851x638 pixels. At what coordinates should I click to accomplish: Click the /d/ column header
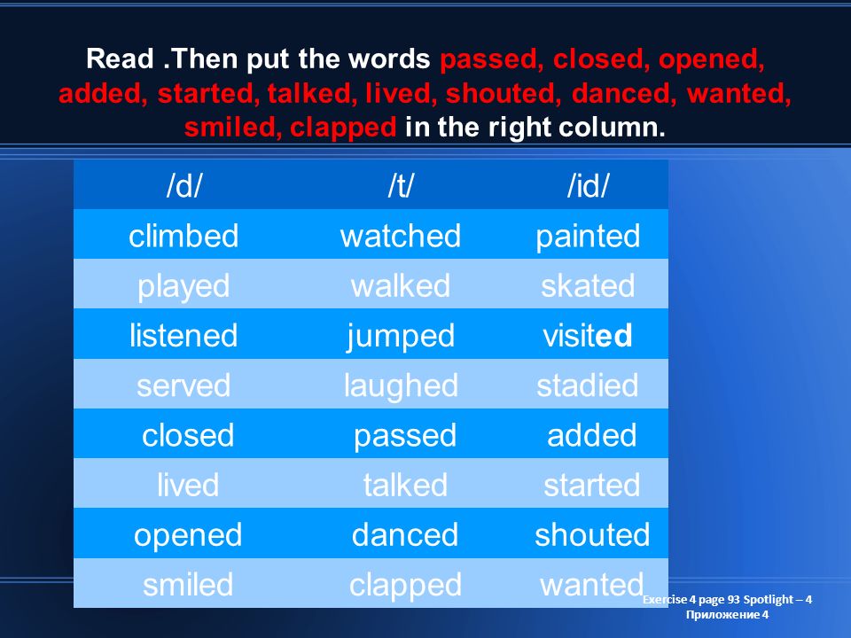(x=183, y=185)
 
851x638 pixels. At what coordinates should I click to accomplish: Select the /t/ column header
(x=401, y=185)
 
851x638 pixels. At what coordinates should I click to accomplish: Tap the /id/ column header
(x=588, y=185)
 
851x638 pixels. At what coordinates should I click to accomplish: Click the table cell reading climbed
(x=183, y=236)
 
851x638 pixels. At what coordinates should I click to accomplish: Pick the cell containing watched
(x=401, y=236)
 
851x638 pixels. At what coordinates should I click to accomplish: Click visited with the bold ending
(x=588, y=335)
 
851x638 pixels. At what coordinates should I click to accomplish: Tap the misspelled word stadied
(x=588, y=385)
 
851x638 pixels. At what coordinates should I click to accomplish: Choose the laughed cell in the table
(x=401, y=386)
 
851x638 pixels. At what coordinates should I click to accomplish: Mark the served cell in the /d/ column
(x=183, y=385)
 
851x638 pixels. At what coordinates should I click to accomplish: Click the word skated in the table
(x=588, y=285)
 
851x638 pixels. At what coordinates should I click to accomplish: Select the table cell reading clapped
(x=405, y=586)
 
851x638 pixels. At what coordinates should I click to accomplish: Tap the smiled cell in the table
(x=188, y=584)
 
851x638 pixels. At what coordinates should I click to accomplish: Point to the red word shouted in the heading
(x=504, y=93)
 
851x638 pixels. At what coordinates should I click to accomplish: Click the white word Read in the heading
(x=120, y=58)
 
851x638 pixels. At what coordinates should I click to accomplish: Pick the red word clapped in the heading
(x=343, y=128)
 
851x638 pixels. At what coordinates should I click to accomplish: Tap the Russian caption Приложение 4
(x=727, y=615)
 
